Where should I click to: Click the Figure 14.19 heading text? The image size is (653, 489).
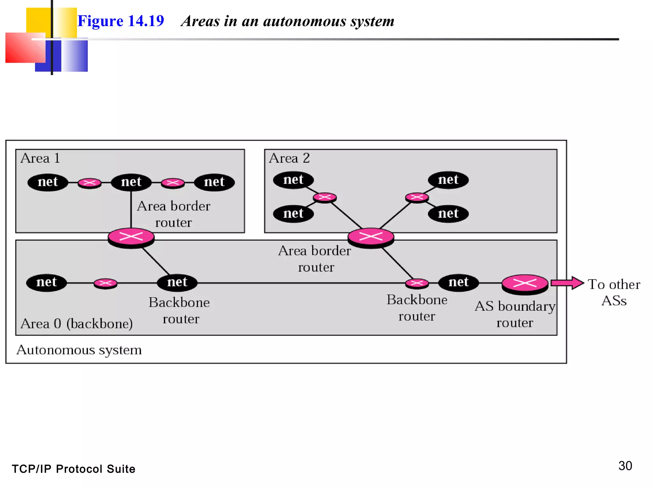(x=121, y=21)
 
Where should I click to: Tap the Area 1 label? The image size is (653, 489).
(x=40, y=158)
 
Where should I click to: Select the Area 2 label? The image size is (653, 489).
(x=289, y=158)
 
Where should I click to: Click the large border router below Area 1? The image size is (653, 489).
(x=131, y=237)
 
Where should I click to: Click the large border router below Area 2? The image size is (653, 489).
(x=371, y=237)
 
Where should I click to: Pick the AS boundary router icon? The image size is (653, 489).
(x=525, y=284)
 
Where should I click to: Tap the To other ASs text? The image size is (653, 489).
(x=614, y=292)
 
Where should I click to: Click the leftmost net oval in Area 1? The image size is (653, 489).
(x=48, y=182)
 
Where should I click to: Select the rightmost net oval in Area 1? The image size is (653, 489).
(x=214, y=182)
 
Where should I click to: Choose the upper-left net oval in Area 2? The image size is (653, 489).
(x=293, y=180)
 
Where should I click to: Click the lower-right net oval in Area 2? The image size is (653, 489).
(x=448, y=214)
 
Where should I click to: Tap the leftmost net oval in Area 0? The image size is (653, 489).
(x=47, y=282)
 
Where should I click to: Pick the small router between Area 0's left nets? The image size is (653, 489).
(x=106, y=283)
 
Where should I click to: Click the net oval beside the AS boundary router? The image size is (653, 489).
(x=458, y=282)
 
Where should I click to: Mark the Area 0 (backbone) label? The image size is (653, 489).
(x=77, y=324)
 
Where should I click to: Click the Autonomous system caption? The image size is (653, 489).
(x=79, y=350)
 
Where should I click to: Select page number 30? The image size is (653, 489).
(x=625, y=466)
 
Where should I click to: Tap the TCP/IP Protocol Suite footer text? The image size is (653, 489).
(x=74, y=469)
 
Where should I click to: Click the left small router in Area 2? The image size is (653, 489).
(x=325, y=197)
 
